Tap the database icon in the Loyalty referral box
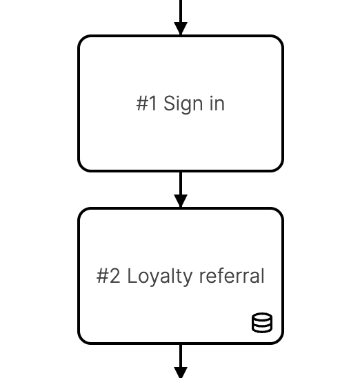pyautogui.click(x=262, y=322)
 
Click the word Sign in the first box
pyautogui.click(x=183, y=103)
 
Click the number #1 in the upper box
pyautogui.click(x=146, y=103)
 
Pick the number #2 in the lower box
pyautogui.click(x=108, y=276)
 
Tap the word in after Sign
pyautogui.click(x=217, y=103)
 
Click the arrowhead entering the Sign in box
pyautogui.click(x=181, y=28)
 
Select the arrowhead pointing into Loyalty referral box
pyautogui.click(x=181, y=201)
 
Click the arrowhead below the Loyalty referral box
pyautogui.click(x=181, y=372)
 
